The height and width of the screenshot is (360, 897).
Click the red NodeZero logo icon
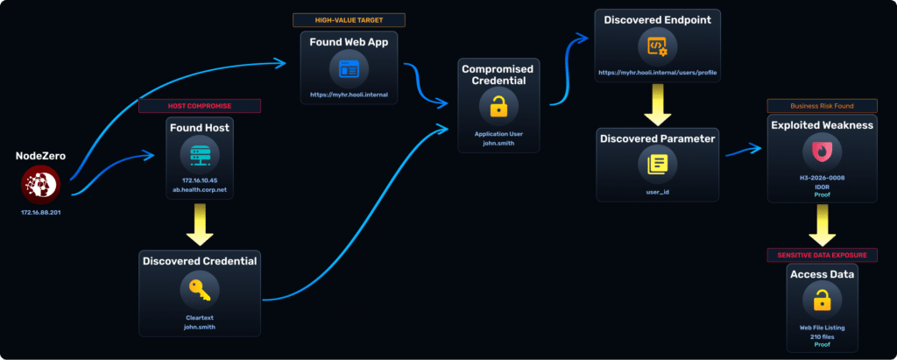coord(39,184)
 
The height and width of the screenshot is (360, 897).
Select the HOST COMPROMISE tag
coord(200,106)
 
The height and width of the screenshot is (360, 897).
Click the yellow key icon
coord(200,290)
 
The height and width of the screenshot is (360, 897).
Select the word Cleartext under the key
coord(200,318)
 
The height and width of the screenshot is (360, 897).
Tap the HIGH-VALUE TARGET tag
coord(349,19)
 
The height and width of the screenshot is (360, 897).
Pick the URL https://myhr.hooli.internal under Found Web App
coord(349,94)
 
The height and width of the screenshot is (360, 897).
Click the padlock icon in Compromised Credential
coord(498,107)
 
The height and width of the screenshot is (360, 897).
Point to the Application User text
coord(498,134)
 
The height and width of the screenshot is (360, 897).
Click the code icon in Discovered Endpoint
coord(657,46)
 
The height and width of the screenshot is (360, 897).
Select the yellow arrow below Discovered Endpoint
coord(657,107)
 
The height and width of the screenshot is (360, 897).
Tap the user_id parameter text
coord(657,190)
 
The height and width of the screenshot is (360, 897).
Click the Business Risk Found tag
coord(822,106)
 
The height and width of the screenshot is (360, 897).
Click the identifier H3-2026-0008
coord(822,179)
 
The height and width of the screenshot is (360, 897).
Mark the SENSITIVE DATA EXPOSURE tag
coord(822,255)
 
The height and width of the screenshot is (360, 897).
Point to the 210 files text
coord(822,336)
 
